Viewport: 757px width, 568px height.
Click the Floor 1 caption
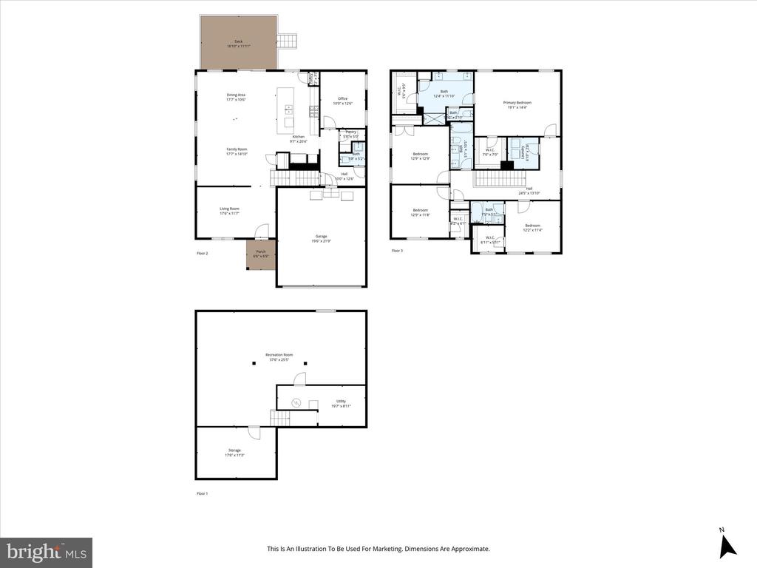coord(202,493)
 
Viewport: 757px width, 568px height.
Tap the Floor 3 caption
coord(397,251)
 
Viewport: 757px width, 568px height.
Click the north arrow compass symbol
coord(728,544)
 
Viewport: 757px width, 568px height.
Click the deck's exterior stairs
coord(287,41)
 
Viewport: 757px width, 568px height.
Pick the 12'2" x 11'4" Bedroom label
coord(533,227)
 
